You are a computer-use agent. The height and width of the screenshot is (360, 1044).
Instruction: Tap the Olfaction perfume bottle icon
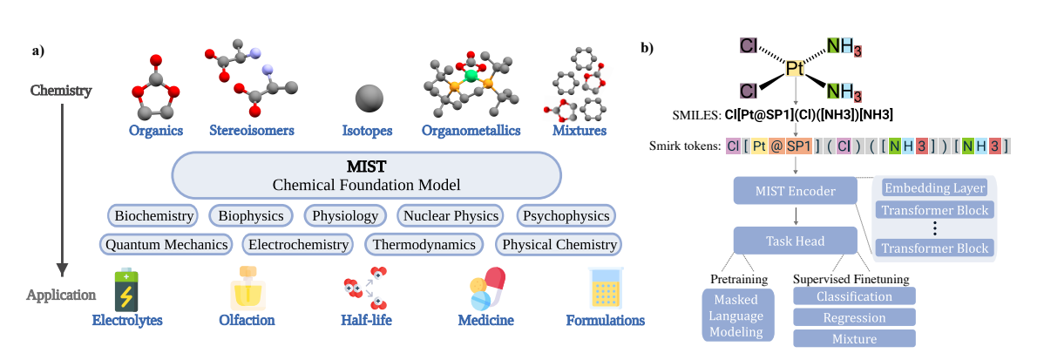[x=247, y=289]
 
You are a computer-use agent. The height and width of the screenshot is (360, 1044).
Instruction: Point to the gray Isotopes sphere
[x=367, y=97]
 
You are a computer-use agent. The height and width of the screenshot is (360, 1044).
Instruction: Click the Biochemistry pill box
[x=153, y=215]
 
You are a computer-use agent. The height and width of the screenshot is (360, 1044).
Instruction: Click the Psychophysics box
[x=566, y=215]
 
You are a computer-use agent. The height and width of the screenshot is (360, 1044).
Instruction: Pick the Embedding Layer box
[x=934, y=188]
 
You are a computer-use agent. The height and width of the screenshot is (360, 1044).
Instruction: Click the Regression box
[x=854, y=317]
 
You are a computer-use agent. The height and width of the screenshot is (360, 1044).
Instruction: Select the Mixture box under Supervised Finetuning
[x=854, y=338]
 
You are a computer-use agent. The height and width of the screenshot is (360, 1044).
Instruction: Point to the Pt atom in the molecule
[x=794, y=68]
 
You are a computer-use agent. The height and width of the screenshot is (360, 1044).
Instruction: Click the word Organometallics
[x=471, y=131]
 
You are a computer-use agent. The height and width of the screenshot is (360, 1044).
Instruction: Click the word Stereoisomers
[x=252, y=131]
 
